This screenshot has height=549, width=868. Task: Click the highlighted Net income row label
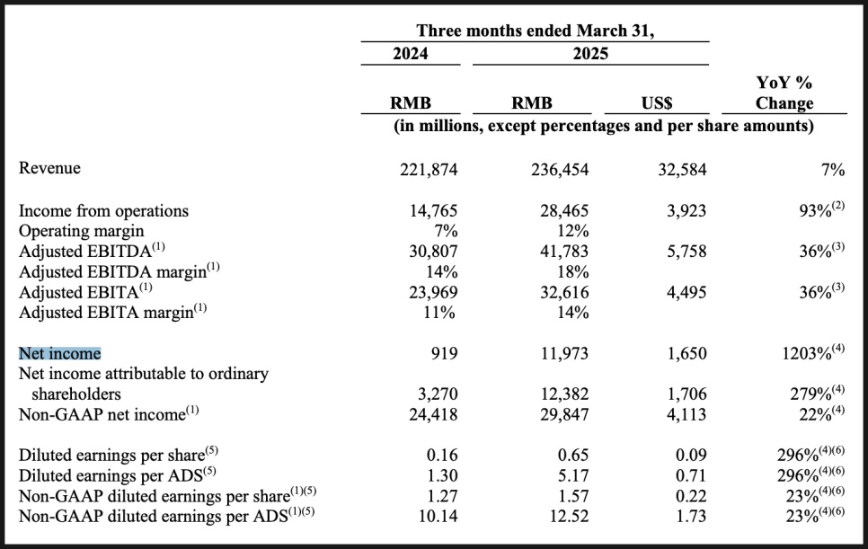pyautogui.click(x=60, y=354)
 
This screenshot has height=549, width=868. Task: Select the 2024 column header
pyautogui.click(x=411, y=54)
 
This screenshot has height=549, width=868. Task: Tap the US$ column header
pyautogui.click(x=657, y=103)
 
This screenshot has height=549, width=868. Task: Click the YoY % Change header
pyautogui.click(x=784, y=93)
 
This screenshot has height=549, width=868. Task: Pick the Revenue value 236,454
pyautogui.click(x=560, y=169)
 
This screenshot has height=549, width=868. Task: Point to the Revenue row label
pyautogui.click(x=49, y=168)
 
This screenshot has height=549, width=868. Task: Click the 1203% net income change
pyautogui.click(x=813, y=352)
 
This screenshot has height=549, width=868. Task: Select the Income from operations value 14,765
pyautogui.click(x=433, y=211)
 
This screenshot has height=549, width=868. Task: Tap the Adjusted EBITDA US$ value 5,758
pyautogui.click(x=686, y=252)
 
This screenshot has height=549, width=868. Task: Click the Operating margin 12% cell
pyautogui.click(x=573, y=231)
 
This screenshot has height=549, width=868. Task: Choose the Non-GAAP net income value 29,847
pyautogui.click(x=564, y=414)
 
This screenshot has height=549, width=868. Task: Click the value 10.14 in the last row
pyautogui.click(x=438, y=516)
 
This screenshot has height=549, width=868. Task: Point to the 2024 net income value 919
pyautogui.click(x=445, y=353)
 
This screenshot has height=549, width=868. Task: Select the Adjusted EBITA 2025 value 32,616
pyautogui.click(x=564, y=292)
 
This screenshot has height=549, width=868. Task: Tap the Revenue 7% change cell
pyautogui.click(x=833, y=169)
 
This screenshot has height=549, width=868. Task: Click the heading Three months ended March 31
pyautogui.click(x=536, y=31)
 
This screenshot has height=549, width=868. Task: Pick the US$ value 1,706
pyautogui.click(x=686, y=394)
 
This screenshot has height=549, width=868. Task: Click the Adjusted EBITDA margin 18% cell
pyautogui.click(x=573, y=271)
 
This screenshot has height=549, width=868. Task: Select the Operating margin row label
pyautogui.click(x=82, y=231)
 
